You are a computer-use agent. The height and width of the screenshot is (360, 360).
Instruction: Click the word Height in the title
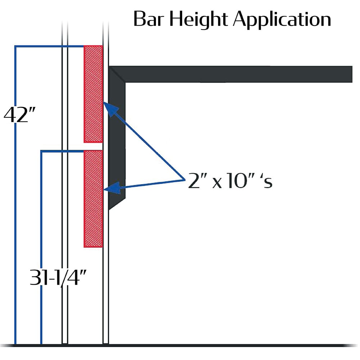[199, 20]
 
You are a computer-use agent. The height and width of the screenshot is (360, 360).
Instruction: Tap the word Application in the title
[282, 20]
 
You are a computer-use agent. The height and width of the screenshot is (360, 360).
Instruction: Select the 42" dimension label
[20, 115]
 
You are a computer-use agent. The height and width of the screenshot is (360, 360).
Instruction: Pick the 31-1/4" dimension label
[58, 277]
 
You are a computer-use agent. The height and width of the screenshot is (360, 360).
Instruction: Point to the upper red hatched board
[93, 94]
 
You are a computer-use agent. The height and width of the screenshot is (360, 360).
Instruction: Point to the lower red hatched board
[93, 199]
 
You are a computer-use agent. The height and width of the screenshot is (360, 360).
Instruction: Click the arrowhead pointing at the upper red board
[110, 109]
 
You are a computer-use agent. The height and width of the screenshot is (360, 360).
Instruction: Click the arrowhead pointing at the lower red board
[112, 188]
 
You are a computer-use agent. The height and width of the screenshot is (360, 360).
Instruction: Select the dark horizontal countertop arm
[230, 74]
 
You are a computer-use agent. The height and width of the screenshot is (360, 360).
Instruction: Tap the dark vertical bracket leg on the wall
[117, 138]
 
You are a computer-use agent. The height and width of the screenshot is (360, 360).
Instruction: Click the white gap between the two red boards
[93, 147]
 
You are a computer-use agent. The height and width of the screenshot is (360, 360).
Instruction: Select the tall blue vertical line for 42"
[15, 195]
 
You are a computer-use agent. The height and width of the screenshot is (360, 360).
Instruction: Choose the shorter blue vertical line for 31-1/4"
[41, 248]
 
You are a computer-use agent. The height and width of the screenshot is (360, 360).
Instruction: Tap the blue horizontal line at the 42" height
[49, 46]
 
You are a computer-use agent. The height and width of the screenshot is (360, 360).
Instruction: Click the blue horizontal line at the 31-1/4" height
[62, 151]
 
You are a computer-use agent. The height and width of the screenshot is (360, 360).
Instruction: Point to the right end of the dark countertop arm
[352, 74]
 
